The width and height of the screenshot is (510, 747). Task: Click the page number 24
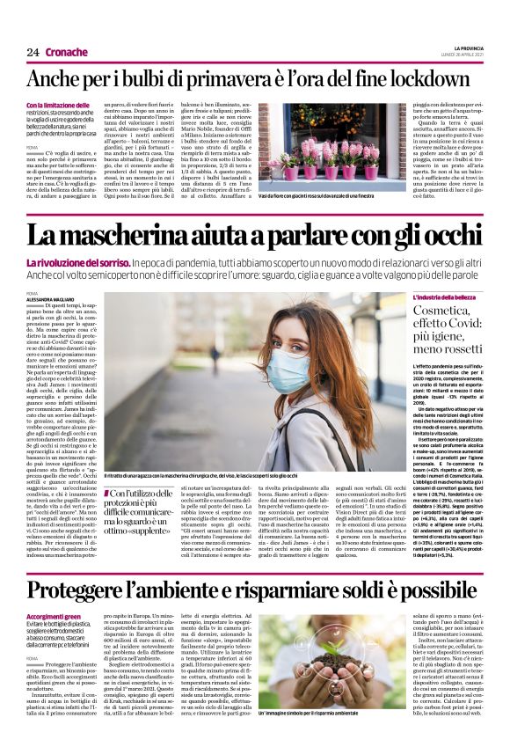tap(33, 52)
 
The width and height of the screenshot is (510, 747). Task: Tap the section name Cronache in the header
tap(67, 52)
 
